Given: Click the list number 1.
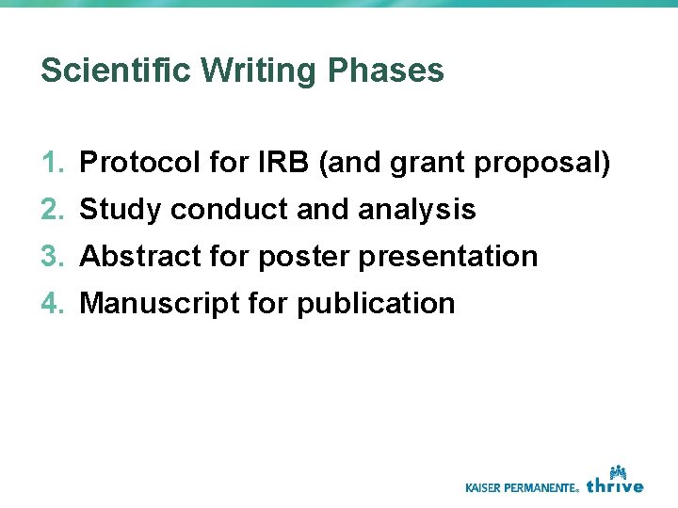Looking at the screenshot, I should [52, 163].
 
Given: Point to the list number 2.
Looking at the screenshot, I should [52, 210].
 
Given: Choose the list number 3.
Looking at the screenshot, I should [52, 256].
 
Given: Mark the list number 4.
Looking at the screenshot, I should [52, 303].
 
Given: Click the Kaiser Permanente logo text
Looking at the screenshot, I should [522, 487].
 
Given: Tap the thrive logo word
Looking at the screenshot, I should [615, 485].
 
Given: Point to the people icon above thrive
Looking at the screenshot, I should [619, 469].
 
